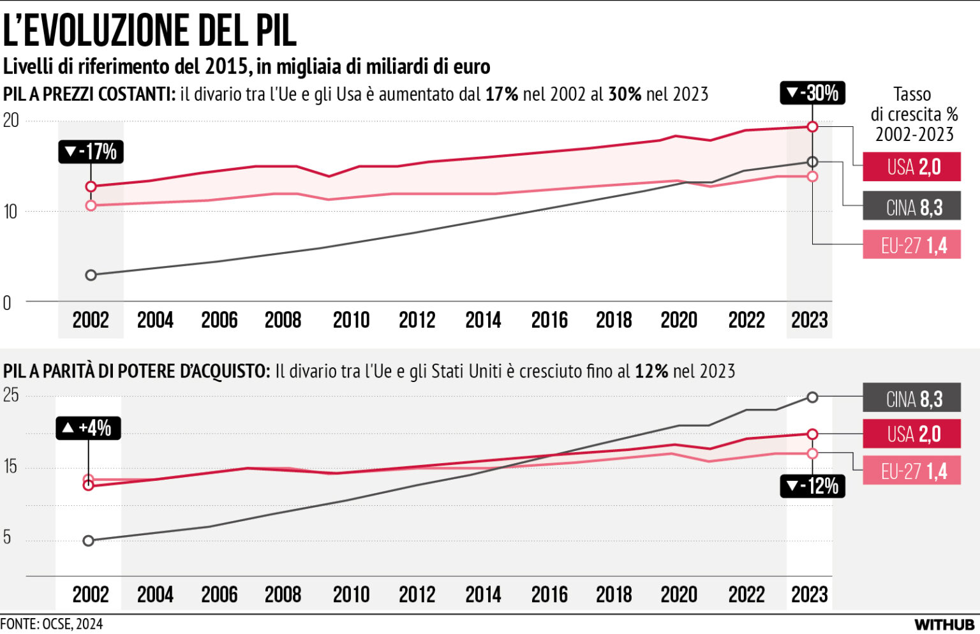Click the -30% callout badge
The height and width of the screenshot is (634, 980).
pyautogui.click(x=812, y=93)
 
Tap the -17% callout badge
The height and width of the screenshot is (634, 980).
pyautogui.click(x=91, y=152)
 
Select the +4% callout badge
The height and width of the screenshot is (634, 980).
pyautogui.click(x=88, y=428)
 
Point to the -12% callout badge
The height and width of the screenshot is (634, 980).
pyautogui.click(x=812, y=486)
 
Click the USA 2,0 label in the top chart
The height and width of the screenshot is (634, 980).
pyautogui.click(x=911, y=167)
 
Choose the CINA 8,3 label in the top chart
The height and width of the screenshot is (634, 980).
pyautogui.click(x=911, y=207)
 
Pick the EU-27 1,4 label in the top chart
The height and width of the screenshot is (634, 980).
pyautogui.click(x=911, y=246)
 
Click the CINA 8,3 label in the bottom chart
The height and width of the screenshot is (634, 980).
pyautogui.click(x=911, y=399)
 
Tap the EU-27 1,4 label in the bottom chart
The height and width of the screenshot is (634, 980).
pyautogui.click(x=911, y=471)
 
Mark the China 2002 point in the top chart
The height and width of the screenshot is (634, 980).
pyautogui.click(x=91, y=275)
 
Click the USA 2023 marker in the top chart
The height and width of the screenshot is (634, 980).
pyautogui.click(x=812, y=127)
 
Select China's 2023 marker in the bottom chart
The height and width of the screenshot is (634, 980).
pyautogui.click(x=812, y=397)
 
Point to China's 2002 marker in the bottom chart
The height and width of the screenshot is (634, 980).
pyautogui.click(x=89, y=541)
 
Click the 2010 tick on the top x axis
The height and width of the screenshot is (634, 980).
pyautogui.click(x=351, y=320)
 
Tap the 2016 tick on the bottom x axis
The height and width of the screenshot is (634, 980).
pyautogui.click(x=549, y=595)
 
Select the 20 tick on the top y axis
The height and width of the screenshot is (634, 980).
pyautogui.click(x=11, y=121)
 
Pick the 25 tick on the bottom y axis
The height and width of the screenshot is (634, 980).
pyautogui.click(x=11, y=395)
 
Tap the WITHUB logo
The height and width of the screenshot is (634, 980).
pyautogui.click(x=944, y=624)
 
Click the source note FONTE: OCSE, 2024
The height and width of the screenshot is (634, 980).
pyautogui.click(x=52, y=624)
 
